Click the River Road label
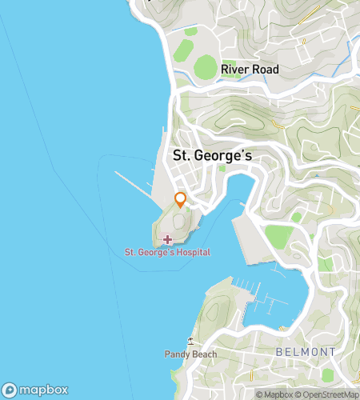pos(250,70)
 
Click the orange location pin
pos(181,200)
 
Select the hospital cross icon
pos(167,239)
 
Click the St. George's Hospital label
pos(167,253)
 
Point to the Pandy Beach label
pos(186,354)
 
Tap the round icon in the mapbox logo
pos(10,390)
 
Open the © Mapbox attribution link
pos(274,394)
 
